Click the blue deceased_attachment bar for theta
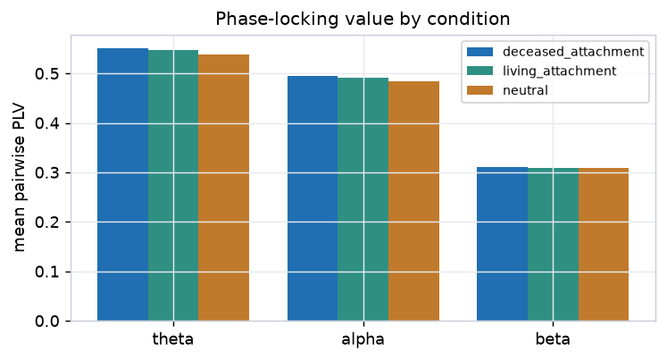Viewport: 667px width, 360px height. click(x=123, y=185)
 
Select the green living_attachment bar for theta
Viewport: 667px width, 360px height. click(x=173, y=186)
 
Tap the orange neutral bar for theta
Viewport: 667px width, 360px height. click(x=224, y=188)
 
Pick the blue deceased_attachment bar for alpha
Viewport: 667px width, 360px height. click(x=313, y=198)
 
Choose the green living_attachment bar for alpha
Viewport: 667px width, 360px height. click(x=363, y=199)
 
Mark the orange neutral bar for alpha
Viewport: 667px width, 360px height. click(x=413, y=201)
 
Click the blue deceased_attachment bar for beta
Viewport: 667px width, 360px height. click(x=503, y=244)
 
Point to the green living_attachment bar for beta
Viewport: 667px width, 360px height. click(x=553, y=245)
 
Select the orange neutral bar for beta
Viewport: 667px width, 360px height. click(x=604, y=245)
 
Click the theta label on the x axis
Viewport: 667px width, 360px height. click(x=173, y=339)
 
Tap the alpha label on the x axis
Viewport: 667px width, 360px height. click(x=363, y=339)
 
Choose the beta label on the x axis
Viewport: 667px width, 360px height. click(x=553, y=339)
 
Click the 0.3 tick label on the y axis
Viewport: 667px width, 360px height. click(x=47, y=172)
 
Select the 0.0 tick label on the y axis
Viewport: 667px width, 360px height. click(x=47, y=322)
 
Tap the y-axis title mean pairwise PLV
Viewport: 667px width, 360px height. click(x=19, y=179)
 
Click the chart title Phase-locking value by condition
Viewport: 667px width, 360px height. click(x=363, y=19)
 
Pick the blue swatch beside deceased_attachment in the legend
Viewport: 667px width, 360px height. click(x=479, y=52)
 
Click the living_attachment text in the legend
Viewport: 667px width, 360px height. click(x=559, y=71)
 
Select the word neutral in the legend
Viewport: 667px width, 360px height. click(x=525, y=90)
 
